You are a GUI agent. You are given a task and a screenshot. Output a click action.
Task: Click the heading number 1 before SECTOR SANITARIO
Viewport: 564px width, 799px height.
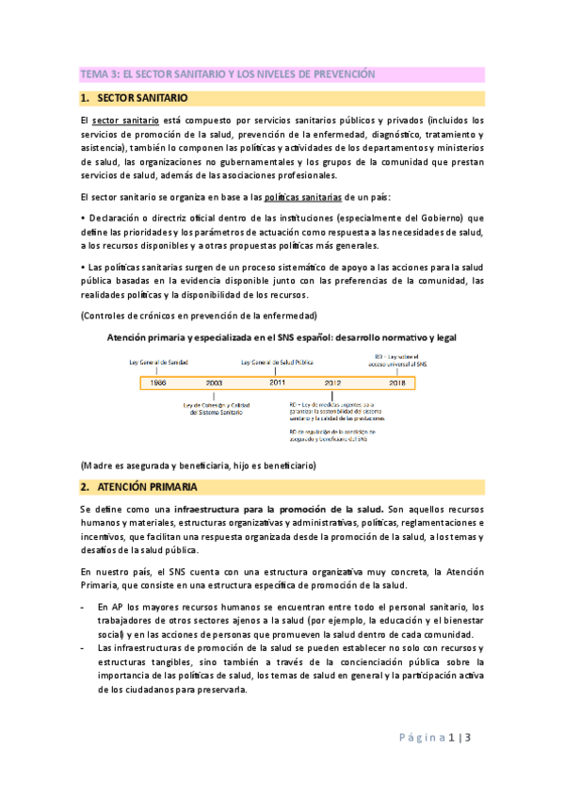point(84,98)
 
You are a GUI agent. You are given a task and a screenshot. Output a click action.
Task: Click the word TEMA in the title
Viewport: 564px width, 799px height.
point(94,73)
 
